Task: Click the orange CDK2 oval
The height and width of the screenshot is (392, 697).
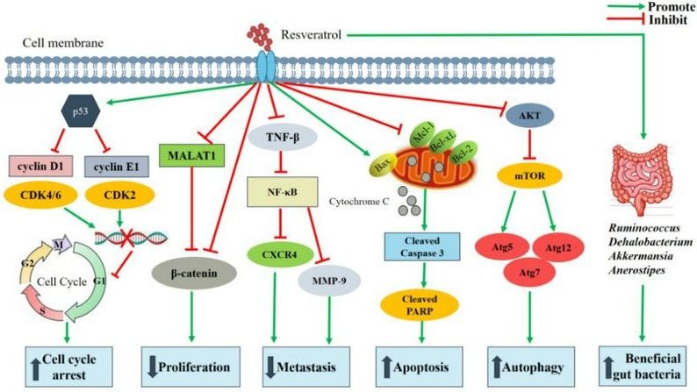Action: pos(114,196)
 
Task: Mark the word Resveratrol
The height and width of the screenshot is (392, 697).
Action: pos(312,36)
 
